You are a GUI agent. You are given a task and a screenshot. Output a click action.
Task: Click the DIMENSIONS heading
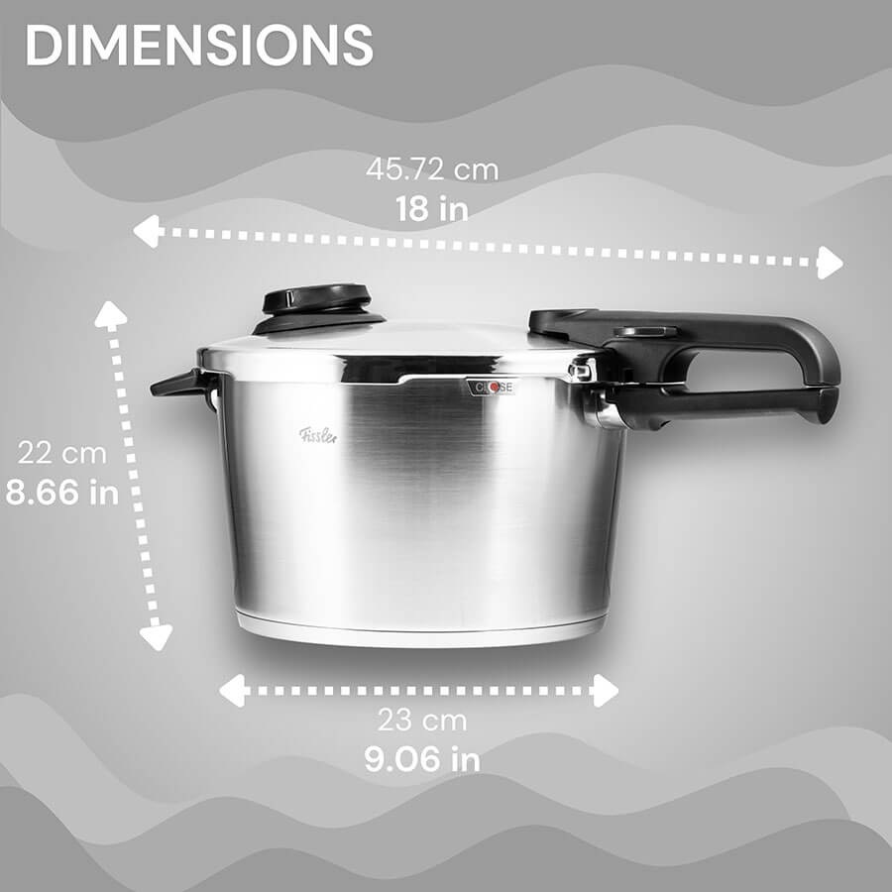pos(199,45)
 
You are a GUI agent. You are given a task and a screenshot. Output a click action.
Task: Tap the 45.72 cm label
pos(432,169)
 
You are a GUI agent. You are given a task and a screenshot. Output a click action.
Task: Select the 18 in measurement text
pos(432,209)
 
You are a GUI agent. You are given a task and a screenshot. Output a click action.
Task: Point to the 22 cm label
pos(62,453)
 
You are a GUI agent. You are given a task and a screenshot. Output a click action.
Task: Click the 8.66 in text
pos(62,492)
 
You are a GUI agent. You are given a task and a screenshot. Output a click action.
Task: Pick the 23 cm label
pos(422,721)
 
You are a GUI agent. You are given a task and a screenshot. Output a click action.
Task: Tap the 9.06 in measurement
pos(422,759)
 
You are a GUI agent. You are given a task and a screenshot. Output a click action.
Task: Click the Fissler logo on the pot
pos(318,435)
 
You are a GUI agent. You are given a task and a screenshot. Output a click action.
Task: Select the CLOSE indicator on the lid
pos(492,388)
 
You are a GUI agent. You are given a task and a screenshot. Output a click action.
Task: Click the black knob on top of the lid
pos(317,308)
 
